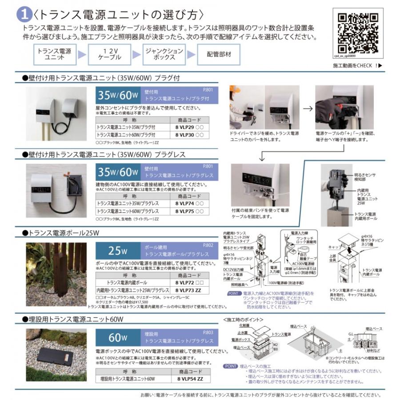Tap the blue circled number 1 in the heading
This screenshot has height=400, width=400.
click(23, 15)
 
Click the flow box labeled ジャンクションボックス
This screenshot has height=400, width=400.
click(164, 54)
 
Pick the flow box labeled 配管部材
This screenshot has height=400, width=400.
click(218, 54)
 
